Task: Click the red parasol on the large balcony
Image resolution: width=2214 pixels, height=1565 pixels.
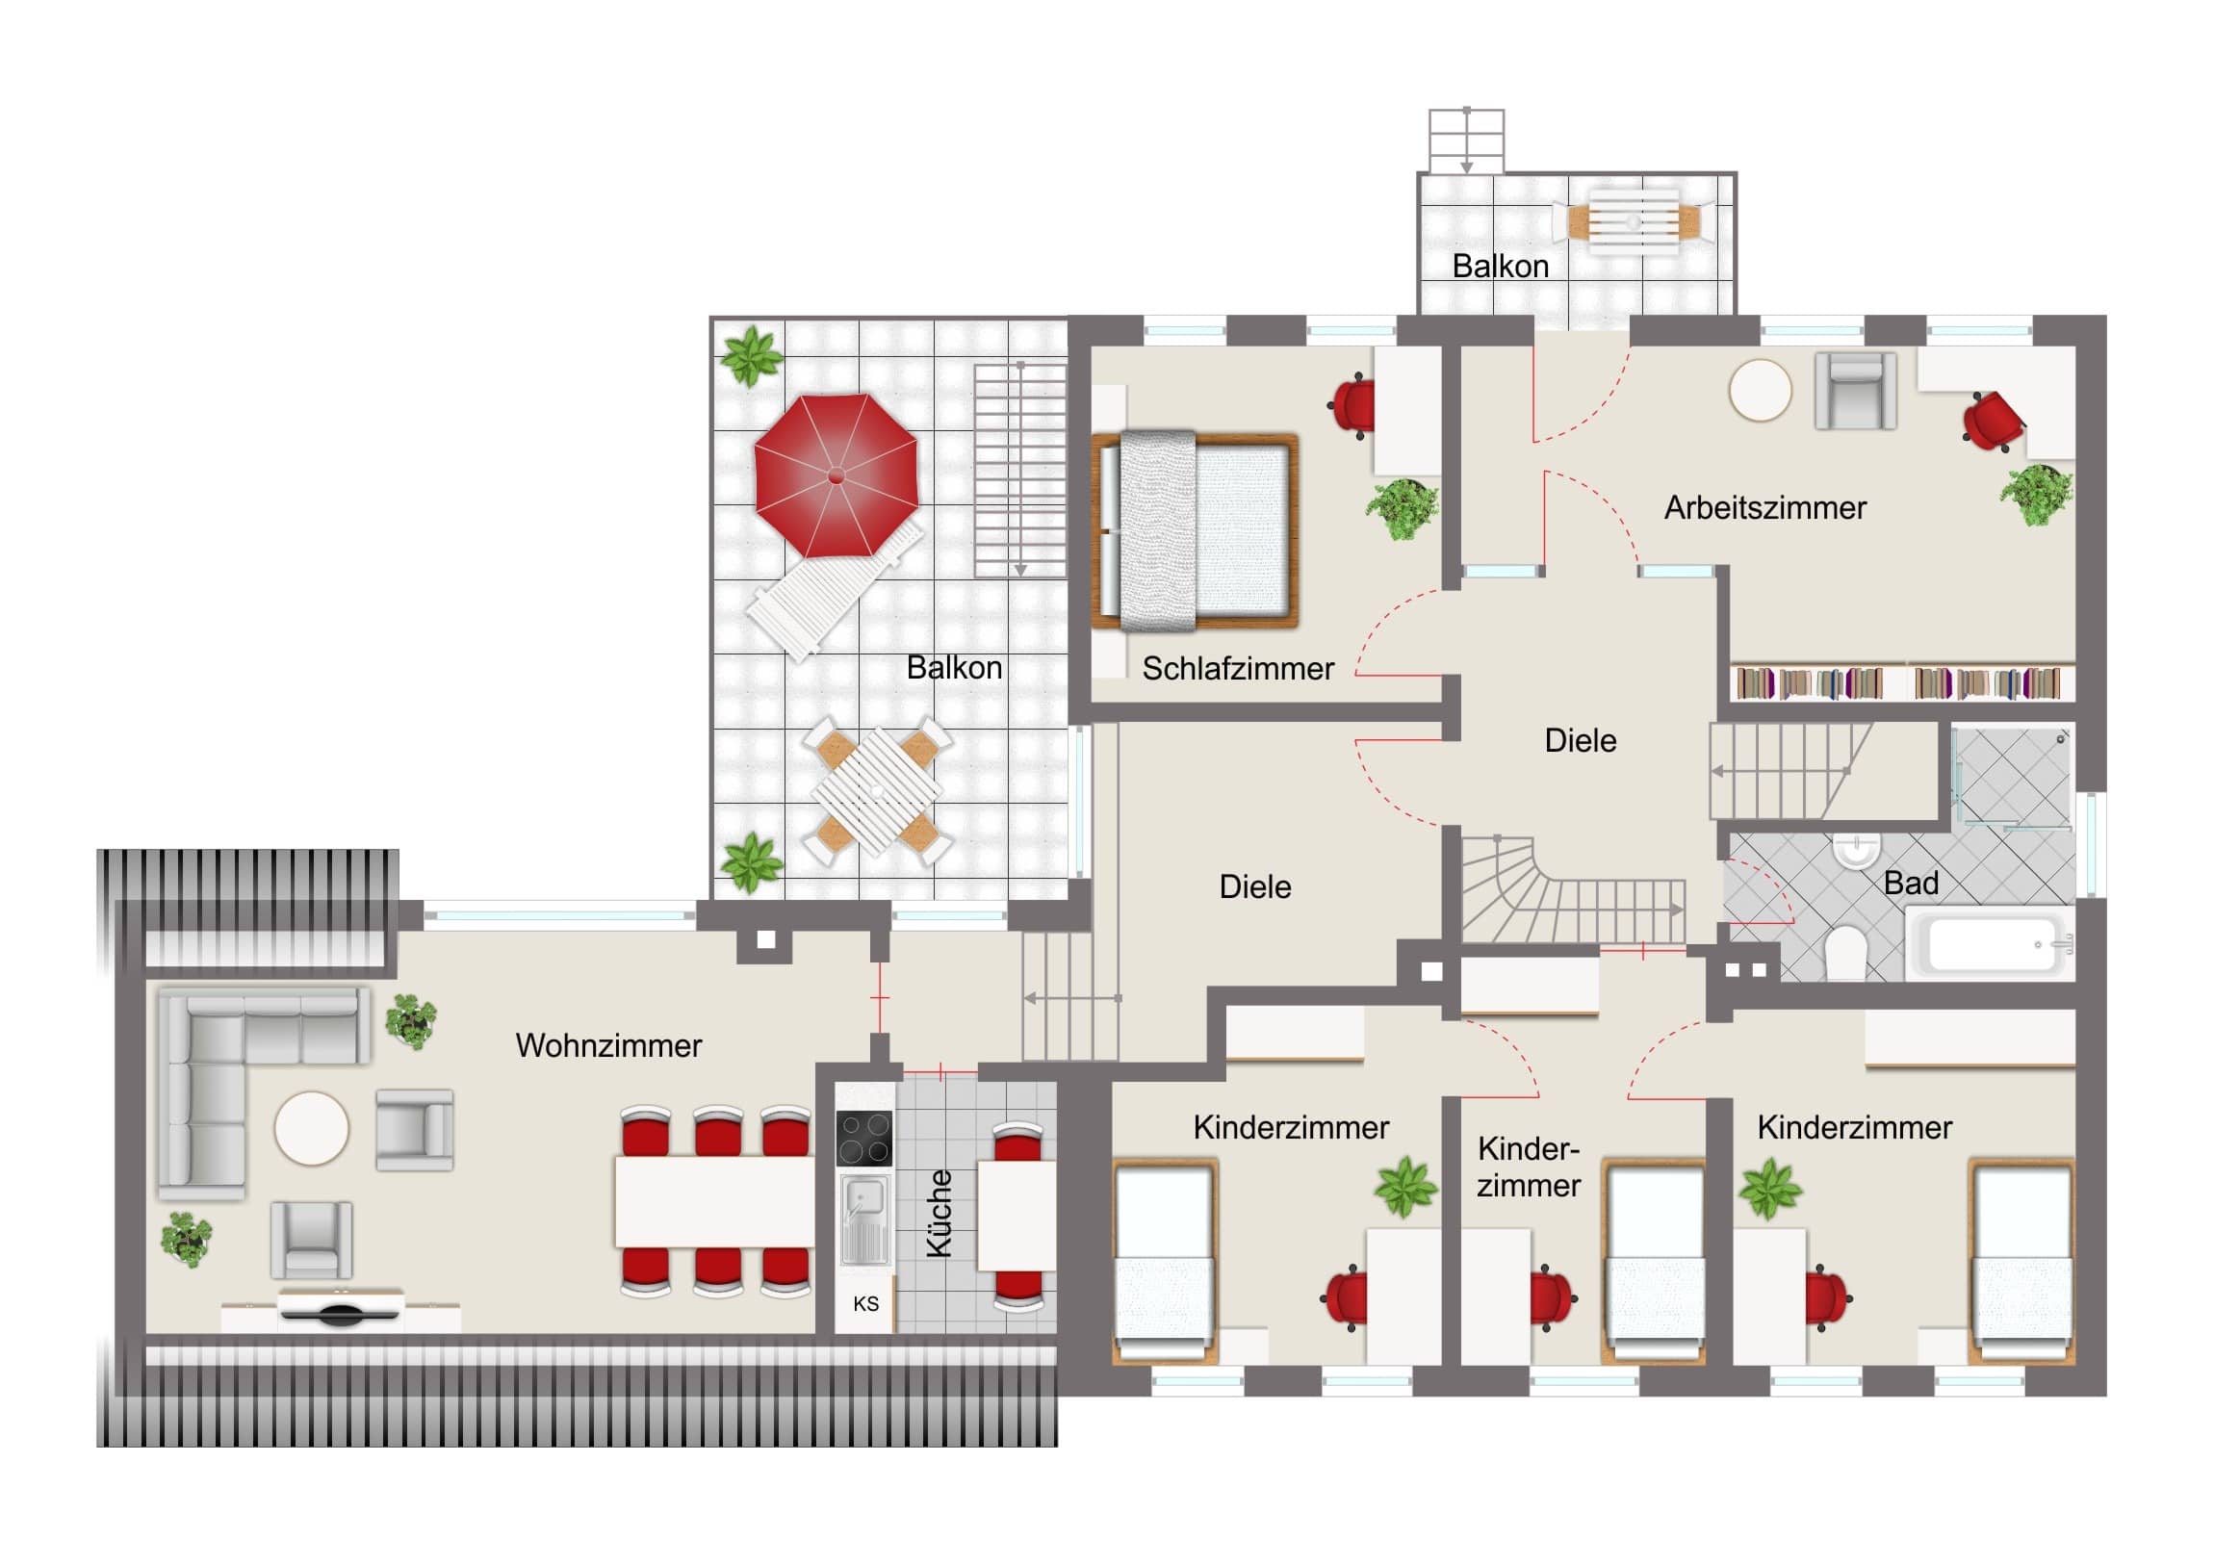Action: point(836,475)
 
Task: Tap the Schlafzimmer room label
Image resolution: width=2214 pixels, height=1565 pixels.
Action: point(1238,668)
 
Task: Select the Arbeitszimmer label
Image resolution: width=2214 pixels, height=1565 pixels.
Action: point(1764,507)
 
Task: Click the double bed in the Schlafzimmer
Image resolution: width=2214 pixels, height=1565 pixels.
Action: point(1195,530)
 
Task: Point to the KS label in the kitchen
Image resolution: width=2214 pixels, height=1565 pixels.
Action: point(866,1303)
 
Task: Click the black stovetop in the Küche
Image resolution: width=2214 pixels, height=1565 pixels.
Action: point(864,1139)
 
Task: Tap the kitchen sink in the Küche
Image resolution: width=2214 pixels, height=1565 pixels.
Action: point(864,1219)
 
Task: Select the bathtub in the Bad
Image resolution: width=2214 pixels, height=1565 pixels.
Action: point(1990,943)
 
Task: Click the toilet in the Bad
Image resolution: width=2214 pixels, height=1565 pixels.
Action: point(1845,953)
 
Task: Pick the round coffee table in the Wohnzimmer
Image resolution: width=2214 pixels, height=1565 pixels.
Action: point(312,1127)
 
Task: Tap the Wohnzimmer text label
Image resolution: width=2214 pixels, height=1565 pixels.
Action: point(608,1045)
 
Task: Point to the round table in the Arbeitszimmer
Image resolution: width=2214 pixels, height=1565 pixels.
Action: point(1760,391)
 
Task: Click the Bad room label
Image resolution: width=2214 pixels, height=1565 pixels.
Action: point(1911,883)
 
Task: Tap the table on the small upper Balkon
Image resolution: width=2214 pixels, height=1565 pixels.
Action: point(1634,221)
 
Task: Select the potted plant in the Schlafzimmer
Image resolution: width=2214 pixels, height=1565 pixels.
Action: point(1403,508)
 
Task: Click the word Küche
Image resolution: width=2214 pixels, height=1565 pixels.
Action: point(940,1213)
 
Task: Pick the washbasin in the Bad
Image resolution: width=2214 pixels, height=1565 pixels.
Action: point(1856,851)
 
